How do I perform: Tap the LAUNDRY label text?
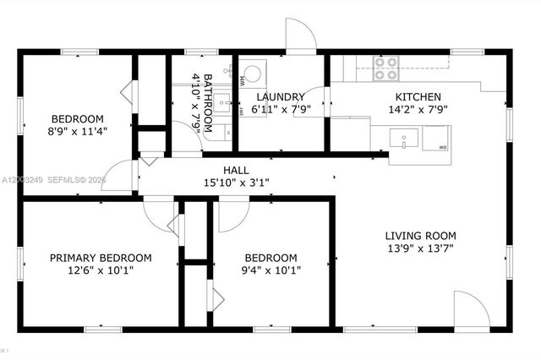(268, 96)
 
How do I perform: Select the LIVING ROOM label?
(420, 236)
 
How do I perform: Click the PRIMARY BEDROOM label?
(101, 258)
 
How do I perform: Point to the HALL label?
(236, 169)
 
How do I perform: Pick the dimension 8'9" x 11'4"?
(77, 130)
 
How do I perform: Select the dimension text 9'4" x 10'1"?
(270, 270)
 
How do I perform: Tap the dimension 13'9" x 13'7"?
(420, 248)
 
